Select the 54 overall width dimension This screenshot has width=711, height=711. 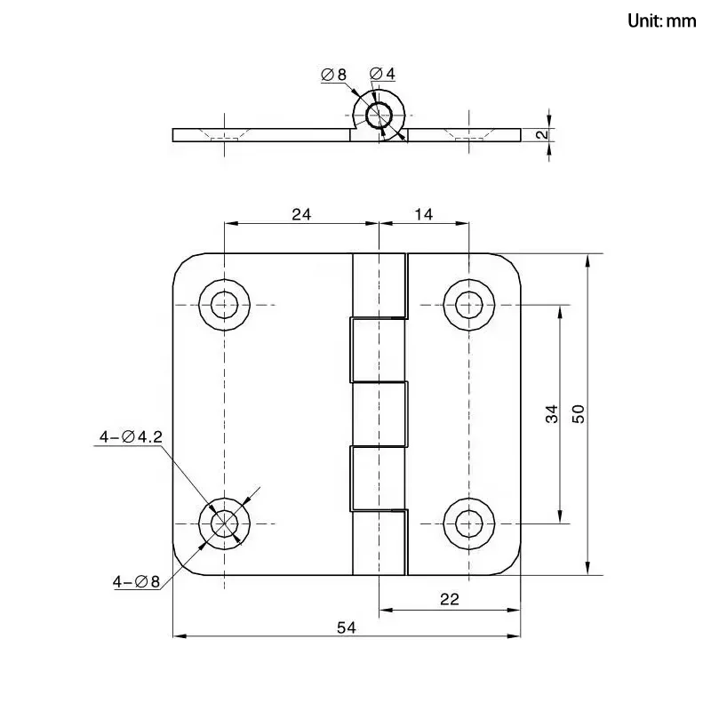pyautogui.click(x=347, y=627)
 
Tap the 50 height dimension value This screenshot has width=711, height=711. pyautogui.click(x=579, y=413)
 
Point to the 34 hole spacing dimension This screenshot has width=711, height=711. pyautogui.click(x=552, y=413)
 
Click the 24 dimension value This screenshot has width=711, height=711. pyautogui.click(x=300, y=213)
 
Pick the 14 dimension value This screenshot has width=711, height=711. pyautogui.click(x=423, y=213)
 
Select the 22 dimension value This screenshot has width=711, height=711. pyautogui.click(x=449, y=600)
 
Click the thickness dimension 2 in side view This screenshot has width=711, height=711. pyautogui.click(x=539, y=135)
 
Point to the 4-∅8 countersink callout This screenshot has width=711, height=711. pyautogui.click(x=136, y=582)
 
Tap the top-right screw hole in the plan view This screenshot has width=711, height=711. pyautogui.click(x=467, y=305)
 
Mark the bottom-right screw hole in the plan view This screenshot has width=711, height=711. pyautogui.click(x=467, y=522)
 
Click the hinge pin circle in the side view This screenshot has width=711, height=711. pyautogui.click(x=379, y=116)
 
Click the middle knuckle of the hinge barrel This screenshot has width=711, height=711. pyautogui.click(x=379, y=413)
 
